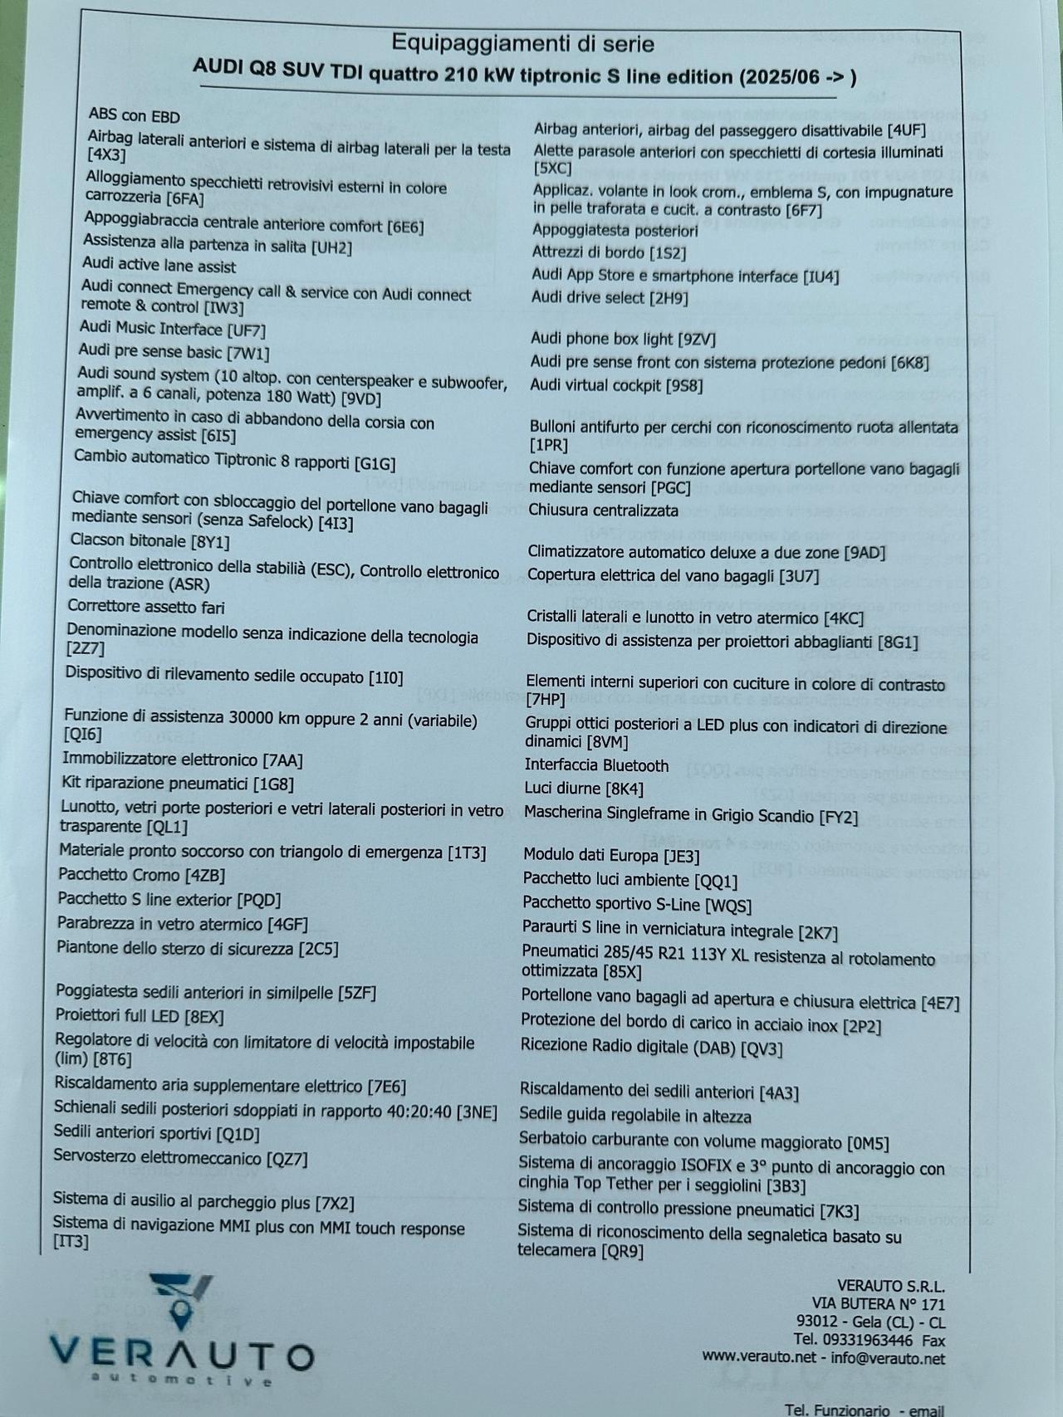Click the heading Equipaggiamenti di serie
coord(522,43)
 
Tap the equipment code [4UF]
coord(906,130)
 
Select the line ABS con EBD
coord(134,116)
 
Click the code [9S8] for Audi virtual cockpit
coord(684,385)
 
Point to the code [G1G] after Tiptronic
coord(375,463)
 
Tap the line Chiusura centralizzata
coord(603,511)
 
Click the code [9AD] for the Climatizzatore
coord(864,553)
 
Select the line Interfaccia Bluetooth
coord(596,765)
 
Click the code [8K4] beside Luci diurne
coord(625,789)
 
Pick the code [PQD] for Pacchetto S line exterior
coord(259,901)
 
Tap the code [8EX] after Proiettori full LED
coord(204,1017)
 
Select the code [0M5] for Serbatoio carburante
coord(868,1143)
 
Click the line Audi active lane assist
coord(159,266)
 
